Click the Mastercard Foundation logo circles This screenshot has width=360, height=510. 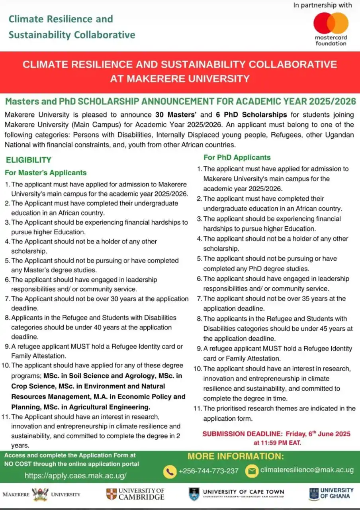(x=331, y=23)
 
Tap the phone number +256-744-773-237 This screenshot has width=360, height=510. (x=209, y=471)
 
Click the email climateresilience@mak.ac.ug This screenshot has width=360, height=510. (x=307, y=470)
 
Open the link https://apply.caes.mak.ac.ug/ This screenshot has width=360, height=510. (x=76, y=475)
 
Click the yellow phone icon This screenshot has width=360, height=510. (x=170, y=471)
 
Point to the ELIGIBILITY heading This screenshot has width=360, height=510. (x=28, y=160)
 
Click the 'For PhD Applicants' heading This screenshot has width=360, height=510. (x=237, y=157)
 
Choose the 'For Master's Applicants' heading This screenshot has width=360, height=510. (x=45, y=173)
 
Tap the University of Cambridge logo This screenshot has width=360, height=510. (x=135, y=494)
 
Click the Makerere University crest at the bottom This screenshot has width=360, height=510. (x=41, y=494)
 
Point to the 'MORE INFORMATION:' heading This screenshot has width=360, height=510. (x=236, y=456)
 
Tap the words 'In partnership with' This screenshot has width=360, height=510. (x=323, y=5)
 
